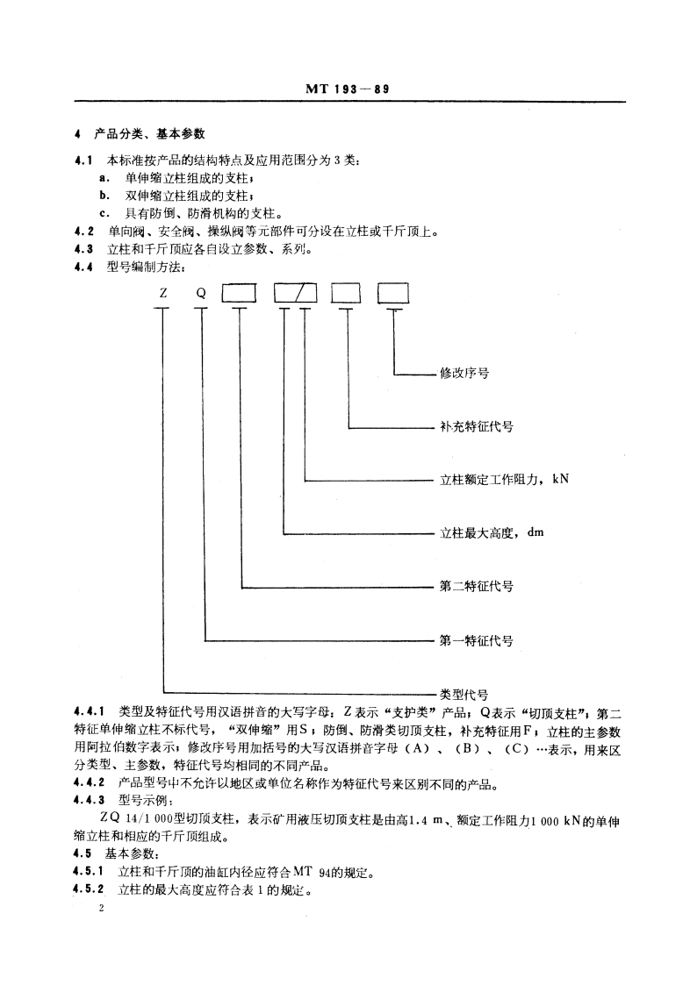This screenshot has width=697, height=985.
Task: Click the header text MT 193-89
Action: click(x=348, y=89)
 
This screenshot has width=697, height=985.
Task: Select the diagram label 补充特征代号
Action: click(x=476, y=427)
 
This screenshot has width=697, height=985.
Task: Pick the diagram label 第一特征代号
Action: click(x=476, y=640)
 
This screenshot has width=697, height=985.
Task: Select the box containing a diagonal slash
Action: click(x=295, y=294)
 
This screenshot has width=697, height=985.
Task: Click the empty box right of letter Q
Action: click(x=240, y=294)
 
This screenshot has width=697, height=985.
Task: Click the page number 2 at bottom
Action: click(x=102, y=912)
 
